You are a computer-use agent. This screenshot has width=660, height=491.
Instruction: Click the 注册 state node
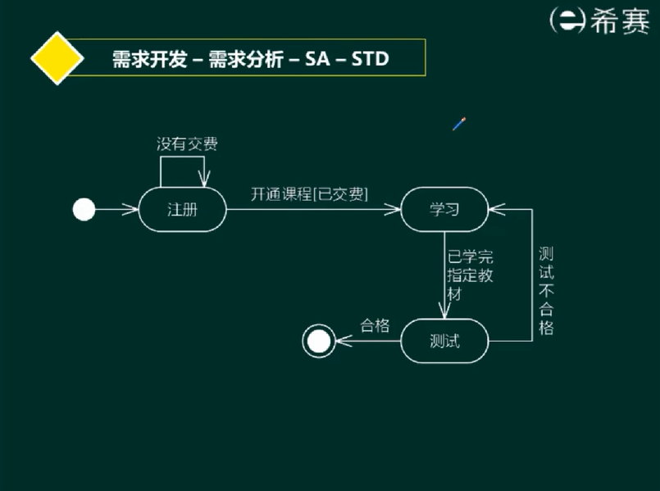[x=183, y=210]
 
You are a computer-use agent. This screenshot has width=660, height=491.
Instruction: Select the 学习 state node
[x=444, y=210]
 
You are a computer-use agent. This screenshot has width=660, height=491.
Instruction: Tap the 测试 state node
[x=444, y=341]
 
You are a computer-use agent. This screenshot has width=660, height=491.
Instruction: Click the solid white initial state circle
[x=84, y=210]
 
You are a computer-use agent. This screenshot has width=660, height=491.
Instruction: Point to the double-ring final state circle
[x=317, y=341]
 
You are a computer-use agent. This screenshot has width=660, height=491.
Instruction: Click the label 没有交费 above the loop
[x=188, y=144]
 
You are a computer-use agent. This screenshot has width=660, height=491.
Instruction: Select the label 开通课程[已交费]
[x=309, y=194]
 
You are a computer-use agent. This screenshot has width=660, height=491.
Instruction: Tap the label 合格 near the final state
[x=375, y=325]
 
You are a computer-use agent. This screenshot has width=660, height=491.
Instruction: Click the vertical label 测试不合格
[x=546, y=290]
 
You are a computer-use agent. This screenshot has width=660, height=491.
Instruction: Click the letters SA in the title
[x=317, y=59]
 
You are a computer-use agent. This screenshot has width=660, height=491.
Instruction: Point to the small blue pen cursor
[x=459, y=125]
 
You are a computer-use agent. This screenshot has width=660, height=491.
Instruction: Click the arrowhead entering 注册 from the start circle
[x=131, y=210]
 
